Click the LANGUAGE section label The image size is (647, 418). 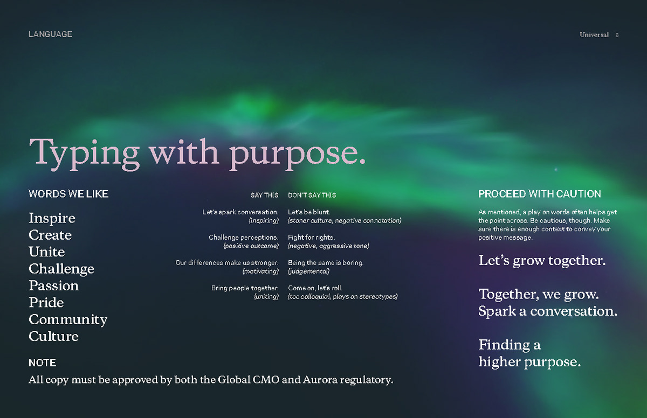[x=50, y=34]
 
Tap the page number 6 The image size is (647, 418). [x=617, y=35]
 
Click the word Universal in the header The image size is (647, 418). [x=594, y=34]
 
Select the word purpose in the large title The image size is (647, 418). [x=298, y=155]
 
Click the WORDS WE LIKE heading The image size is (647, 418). [x=68, y=194]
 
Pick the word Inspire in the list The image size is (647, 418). [x=52, y=218]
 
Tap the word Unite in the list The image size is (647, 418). [x=47, y=252]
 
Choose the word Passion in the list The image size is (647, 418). [x=53, y=285]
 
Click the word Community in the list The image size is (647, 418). [x=68, y=319]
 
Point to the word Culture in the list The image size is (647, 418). [x=53, y=336]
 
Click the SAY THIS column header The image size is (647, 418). [x=264, y=196]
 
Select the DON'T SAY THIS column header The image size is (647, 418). [x=312, y=196]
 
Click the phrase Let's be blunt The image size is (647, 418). [x=309, y=212]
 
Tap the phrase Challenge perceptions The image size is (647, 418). [x=244, y=238]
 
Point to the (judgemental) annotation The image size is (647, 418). [x=308, y=271]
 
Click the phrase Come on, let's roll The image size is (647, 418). [x=315, y=288]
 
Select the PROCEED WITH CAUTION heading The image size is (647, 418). [x=539, y=194]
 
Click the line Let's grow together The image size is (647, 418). [x=542, y=261]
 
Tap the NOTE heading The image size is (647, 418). [x=42, y=363]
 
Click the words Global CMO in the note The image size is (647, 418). [x=249, y=380]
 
